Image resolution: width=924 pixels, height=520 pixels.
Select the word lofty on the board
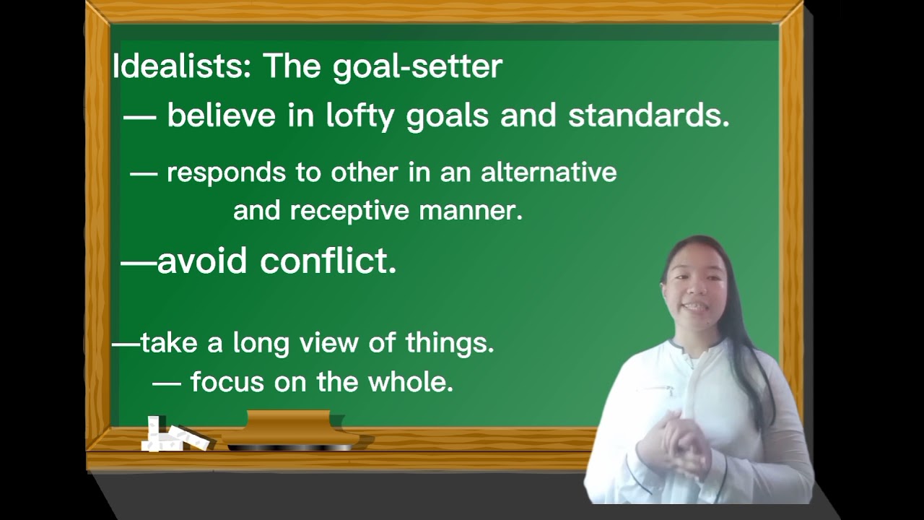(359, 116)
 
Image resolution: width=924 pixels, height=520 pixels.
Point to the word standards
(648, 116)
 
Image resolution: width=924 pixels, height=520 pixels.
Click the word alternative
(549, 173)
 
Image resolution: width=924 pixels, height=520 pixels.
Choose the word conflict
(328, 261)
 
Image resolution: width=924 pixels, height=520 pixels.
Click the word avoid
(202, 261)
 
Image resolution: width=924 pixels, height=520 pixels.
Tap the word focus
(227, 381)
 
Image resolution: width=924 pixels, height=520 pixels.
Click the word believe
(221, 116)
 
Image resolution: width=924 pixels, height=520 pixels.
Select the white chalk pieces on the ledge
(173, 436)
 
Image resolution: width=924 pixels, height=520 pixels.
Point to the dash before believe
(140, 116)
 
